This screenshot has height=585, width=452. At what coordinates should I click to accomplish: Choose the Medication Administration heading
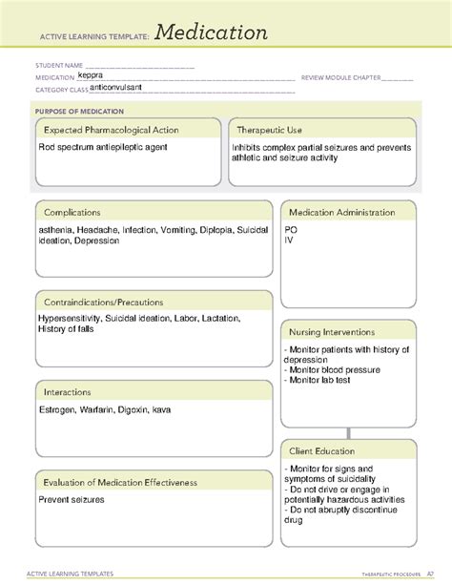tap(348, 212)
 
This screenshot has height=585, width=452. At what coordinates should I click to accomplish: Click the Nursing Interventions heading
tap(341, 331)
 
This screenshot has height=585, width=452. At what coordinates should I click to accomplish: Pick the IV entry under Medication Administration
tap(289, 240)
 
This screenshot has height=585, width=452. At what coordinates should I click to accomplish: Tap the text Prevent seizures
tap(72, 499)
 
